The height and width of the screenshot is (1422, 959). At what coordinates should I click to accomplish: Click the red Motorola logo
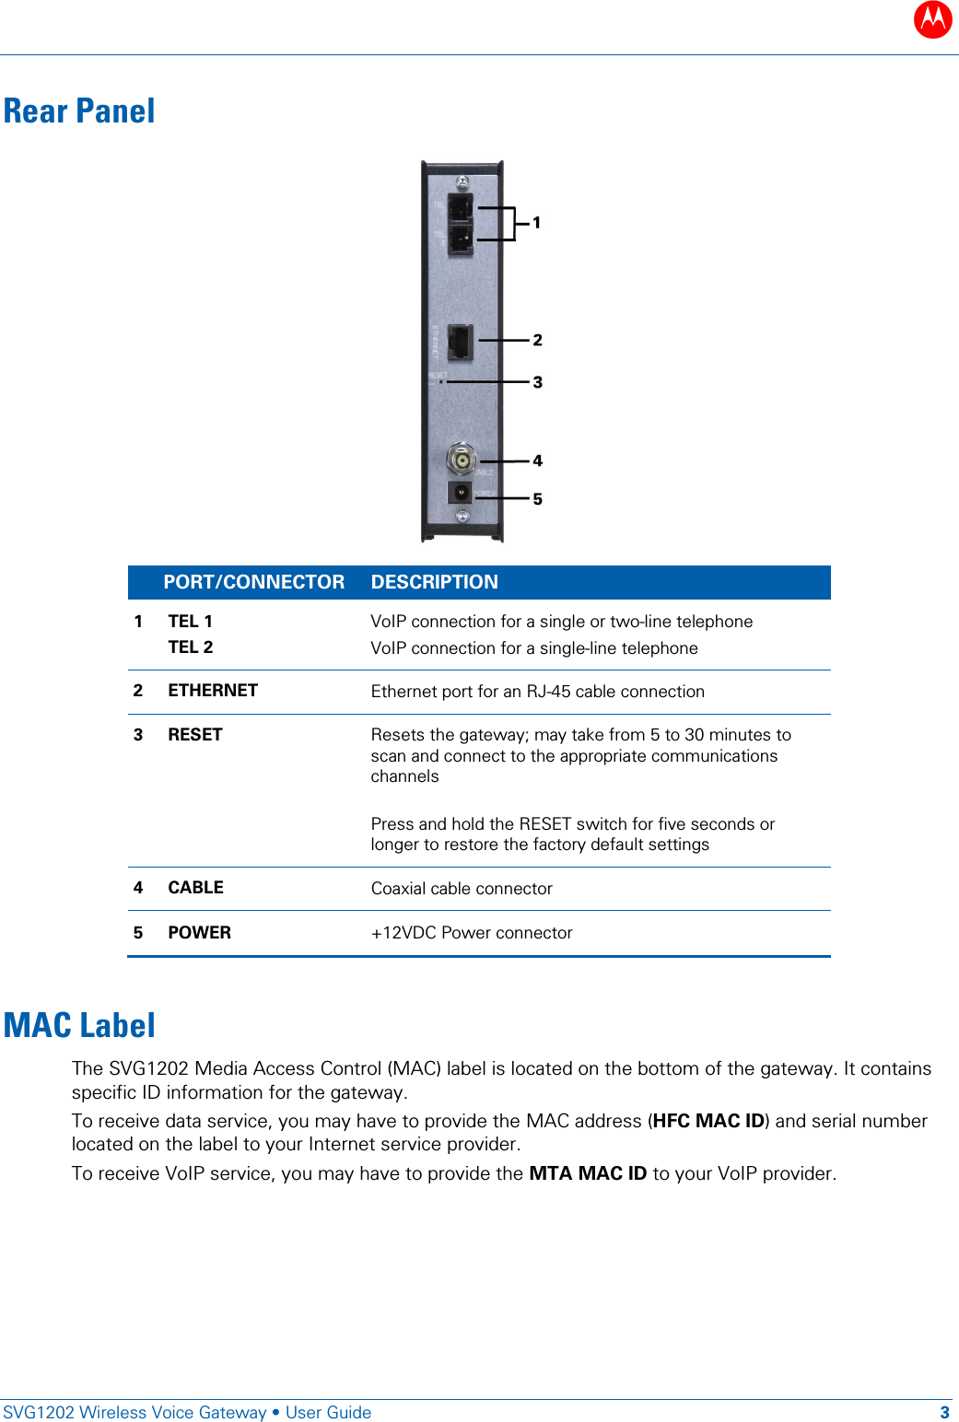click(x=932, y=18)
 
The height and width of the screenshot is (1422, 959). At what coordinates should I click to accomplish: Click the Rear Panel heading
click(x=79, y=111)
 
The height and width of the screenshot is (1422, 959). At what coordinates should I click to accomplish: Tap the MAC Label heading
click(x=79, y=1025)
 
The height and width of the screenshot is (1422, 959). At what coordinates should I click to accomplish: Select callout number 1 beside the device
click(x=536, y=223)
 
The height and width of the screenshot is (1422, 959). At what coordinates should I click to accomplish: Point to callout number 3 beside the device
click(x=537, y=382)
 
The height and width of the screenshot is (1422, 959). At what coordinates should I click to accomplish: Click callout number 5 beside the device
click(x=537, y=499)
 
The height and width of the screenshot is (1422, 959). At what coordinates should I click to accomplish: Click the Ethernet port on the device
click(x=460, y=342)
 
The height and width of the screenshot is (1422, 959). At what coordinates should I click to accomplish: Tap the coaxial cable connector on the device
click(x=461, y=459)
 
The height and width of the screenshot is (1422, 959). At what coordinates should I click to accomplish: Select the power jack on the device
click(x=460, y=493)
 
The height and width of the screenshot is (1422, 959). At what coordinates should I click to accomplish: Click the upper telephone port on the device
click(x=461, y=207)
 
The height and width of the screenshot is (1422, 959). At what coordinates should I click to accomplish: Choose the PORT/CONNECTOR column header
click(x=253, y=582)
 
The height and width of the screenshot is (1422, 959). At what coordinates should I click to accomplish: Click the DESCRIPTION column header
click(x=434, y=582)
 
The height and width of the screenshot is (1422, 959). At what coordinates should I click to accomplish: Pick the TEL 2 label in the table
click(x=191, y=647)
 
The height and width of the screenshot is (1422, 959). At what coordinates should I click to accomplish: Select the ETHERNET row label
click(x=213, y=691)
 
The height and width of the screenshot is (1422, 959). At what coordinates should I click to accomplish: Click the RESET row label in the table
click(x=195, y=735)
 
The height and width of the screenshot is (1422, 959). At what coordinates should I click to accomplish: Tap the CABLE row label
click(x=195, y=888)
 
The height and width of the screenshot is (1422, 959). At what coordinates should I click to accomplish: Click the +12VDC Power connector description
click(x=472, y=933)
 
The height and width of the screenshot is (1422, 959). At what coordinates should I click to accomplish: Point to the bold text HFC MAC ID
click(x=708, y=1121)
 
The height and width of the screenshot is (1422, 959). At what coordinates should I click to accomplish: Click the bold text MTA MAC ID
click(x=588, y=1173)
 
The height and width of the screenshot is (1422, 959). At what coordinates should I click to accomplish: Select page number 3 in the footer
click(x=944, y=1413)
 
